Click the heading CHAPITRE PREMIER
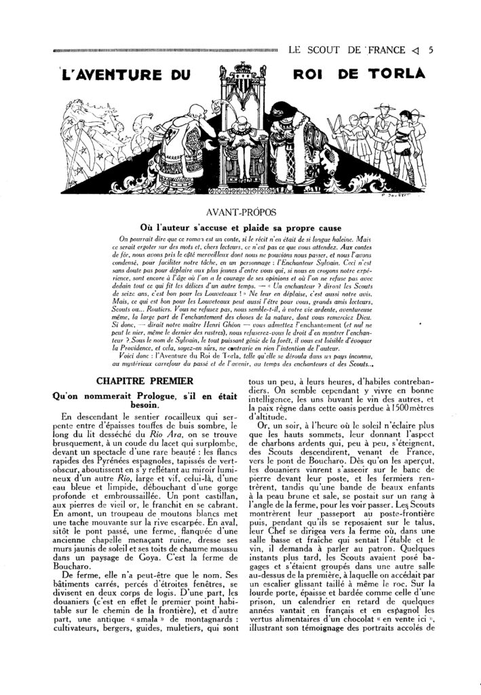pyautogui.click(x=135, y=381)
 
